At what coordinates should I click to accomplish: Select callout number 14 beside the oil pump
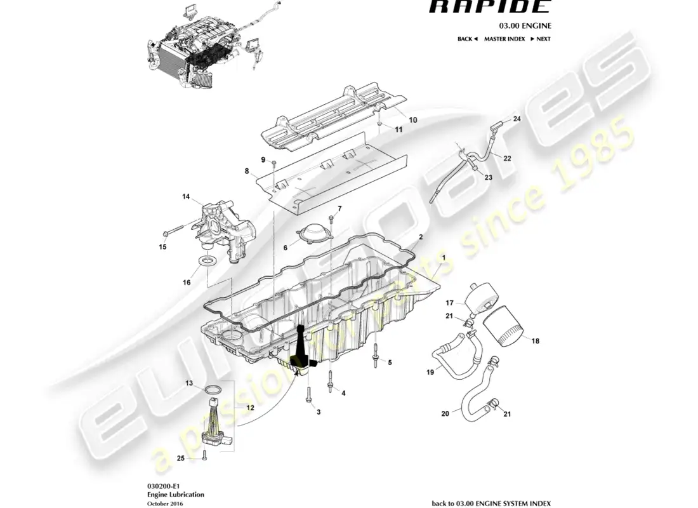click(x=187, y=197)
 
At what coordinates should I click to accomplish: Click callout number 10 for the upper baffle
click(x=412, y=120)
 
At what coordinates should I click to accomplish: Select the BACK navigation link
click(x=467, y=39)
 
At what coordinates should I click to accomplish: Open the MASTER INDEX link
click(x=504, y=39)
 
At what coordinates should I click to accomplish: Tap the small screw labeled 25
click(x=205, y=453)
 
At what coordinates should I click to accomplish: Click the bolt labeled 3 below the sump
click(x=307, y=397)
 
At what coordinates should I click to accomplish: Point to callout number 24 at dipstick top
click(x=517, y=119)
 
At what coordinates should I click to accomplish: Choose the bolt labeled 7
click(x=331, y=220)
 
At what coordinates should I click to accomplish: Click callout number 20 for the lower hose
click(x=445, y=413)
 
